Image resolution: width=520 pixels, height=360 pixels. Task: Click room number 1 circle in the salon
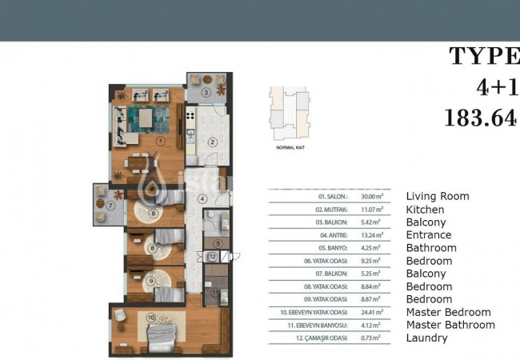161,141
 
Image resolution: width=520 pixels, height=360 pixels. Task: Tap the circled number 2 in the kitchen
213,142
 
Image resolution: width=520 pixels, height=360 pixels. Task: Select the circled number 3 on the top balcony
206,92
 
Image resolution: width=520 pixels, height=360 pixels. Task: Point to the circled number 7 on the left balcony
112,205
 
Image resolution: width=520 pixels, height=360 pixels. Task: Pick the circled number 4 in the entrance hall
202,199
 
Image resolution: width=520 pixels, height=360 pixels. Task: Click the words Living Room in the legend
438,196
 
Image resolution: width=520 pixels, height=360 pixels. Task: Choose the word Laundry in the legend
427,338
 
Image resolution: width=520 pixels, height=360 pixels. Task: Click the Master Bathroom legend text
450,325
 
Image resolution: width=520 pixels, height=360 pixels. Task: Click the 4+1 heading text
497,86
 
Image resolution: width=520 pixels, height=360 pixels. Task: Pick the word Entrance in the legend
429,235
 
